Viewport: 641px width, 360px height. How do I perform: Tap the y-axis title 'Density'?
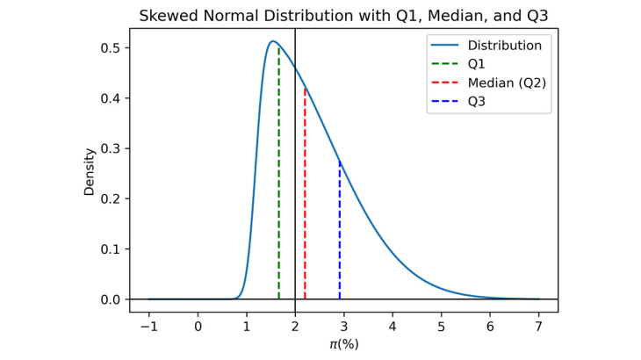coord(90,171)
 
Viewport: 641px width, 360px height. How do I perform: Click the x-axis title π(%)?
coord(343,344)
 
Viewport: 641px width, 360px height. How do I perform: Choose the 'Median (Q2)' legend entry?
coord(507,83)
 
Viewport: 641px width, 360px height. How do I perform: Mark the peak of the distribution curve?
coord(272,41)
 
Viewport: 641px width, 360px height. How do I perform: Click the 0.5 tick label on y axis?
coord(111,47)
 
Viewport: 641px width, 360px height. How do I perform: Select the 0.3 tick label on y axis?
coord(111,148)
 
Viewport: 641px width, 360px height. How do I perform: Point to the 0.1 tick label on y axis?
coord(111,249)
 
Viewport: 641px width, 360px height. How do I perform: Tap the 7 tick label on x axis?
coord(538,326)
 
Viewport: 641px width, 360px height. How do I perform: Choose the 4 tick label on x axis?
coord(393,326)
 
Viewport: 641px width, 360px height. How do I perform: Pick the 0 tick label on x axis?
coord(198,326)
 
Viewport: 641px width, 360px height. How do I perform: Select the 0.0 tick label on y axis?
coord(111,299)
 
